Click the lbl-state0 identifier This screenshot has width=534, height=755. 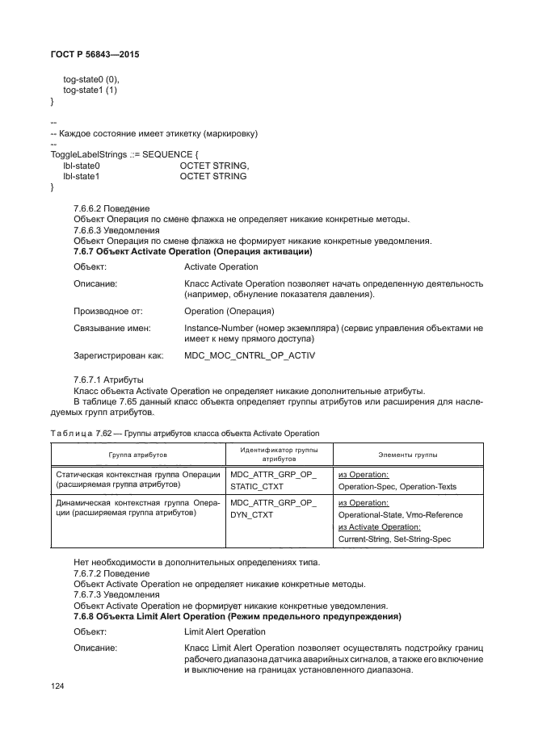[x=82, y=165]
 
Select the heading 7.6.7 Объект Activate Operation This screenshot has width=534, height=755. [x=193, y=252]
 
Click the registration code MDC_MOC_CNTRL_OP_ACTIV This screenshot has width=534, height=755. [x=250, y=354]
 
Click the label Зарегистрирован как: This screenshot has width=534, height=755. [x=119, y=354]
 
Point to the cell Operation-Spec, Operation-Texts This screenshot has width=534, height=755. [x=397, y=487]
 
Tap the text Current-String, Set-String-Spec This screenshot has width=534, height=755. [x=395, y=539]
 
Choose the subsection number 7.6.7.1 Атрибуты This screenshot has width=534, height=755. [x=108, y=379]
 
